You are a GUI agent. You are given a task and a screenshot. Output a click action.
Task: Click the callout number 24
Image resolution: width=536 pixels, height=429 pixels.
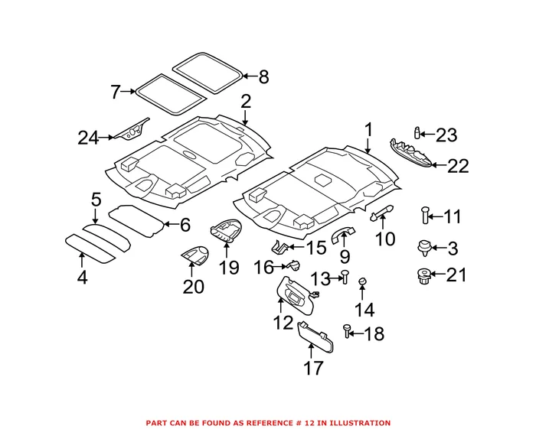click(x=88, y=138)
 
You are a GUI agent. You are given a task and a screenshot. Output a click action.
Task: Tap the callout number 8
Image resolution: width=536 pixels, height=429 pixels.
click(x=263, y=76)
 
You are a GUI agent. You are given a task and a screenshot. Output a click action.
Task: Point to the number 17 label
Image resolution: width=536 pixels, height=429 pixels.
click(x=312, y=368)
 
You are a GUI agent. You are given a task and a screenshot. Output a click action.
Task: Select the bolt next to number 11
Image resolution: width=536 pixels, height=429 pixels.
click(x=425, y=216)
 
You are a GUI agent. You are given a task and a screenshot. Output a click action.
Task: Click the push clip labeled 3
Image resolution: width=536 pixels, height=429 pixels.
click(x=423, y=247)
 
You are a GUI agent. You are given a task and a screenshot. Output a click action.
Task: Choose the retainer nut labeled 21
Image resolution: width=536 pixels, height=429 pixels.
click(x=422, y=275)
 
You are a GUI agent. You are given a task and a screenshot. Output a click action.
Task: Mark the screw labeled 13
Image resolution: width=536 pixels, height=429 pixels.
click(x=345, y=276)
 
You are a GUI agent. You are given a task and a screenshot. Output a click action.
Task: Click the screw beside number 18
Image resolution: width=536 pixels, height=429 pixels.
click(x=349, y=330)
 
